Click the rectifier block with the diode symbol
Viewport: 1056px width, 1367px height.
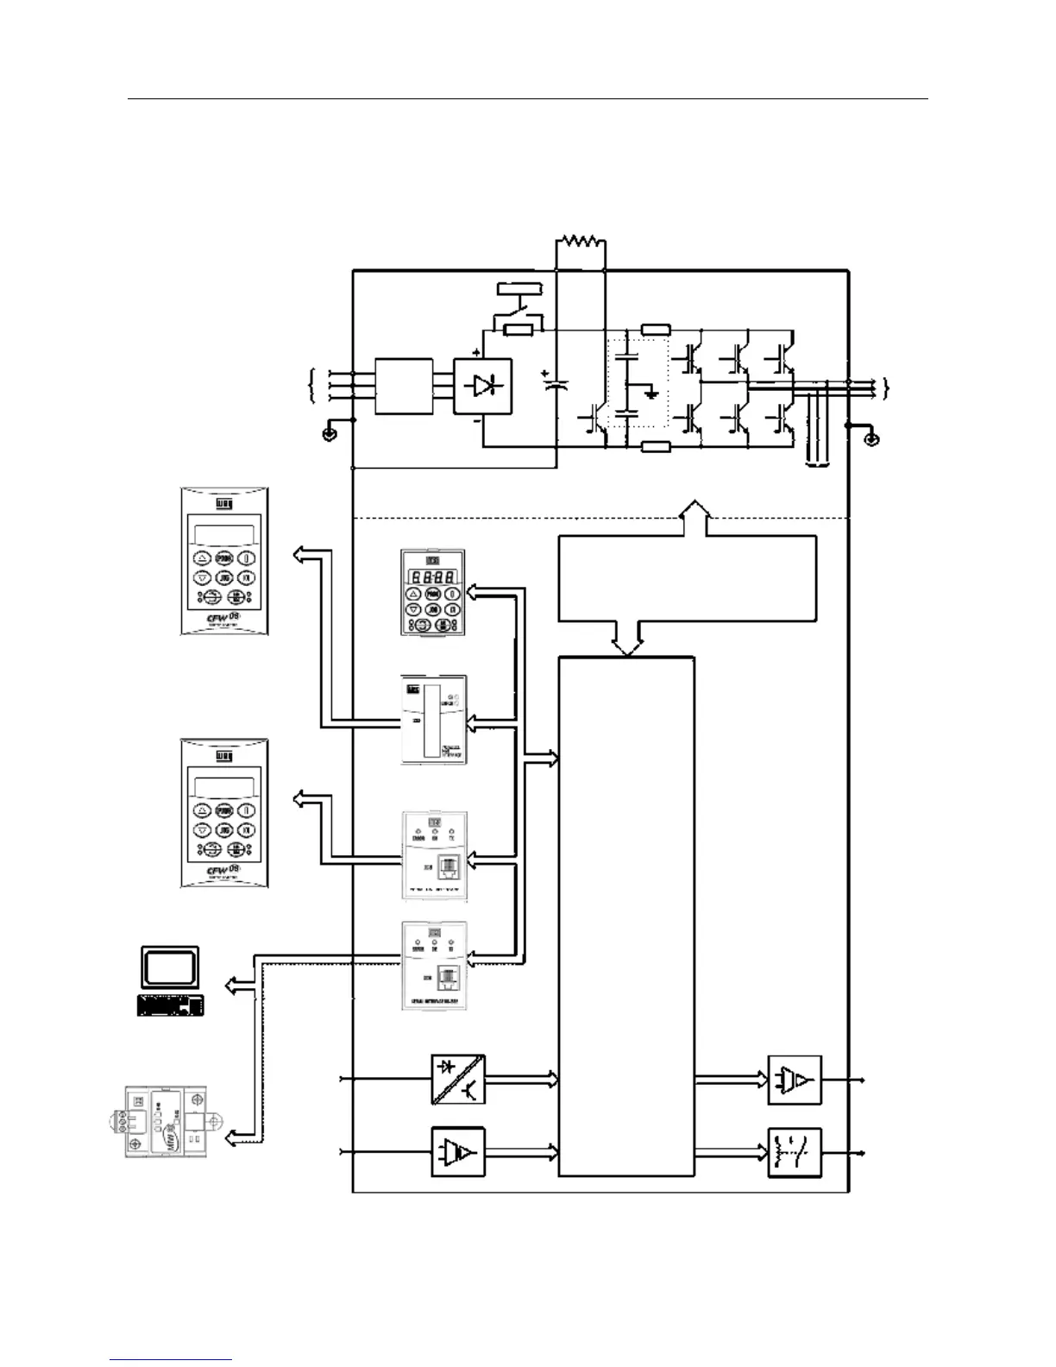(482, 387)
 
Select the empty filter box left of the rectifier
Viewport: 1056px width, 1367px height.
(404, 387)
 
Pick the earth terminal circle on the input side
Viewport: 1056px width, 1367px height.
(329, 434)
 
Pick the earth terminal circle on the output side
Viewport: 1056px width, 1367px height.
(871, 439)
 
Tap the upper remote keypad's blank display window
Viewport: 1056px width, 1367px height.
(224, 534)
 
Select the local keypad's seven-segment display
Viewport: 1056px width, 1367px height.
(432, 576)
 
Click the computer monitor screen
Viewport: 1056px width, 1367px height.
(170, 968)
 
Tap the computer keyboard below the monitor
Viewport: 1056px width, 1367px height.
(171, 1005)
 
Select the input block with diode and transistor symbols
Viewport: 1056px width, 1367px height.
(457, 1079)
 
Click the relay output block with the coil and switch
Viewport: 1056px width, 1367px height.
(795, 1152)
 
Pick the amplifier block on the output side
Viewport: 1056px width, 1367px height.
(795, 1080)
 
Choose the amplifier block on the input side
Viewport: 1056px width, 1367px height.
(457, 1152)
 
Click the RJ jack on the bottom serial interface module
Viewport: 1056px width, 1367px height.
(448, 978)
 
